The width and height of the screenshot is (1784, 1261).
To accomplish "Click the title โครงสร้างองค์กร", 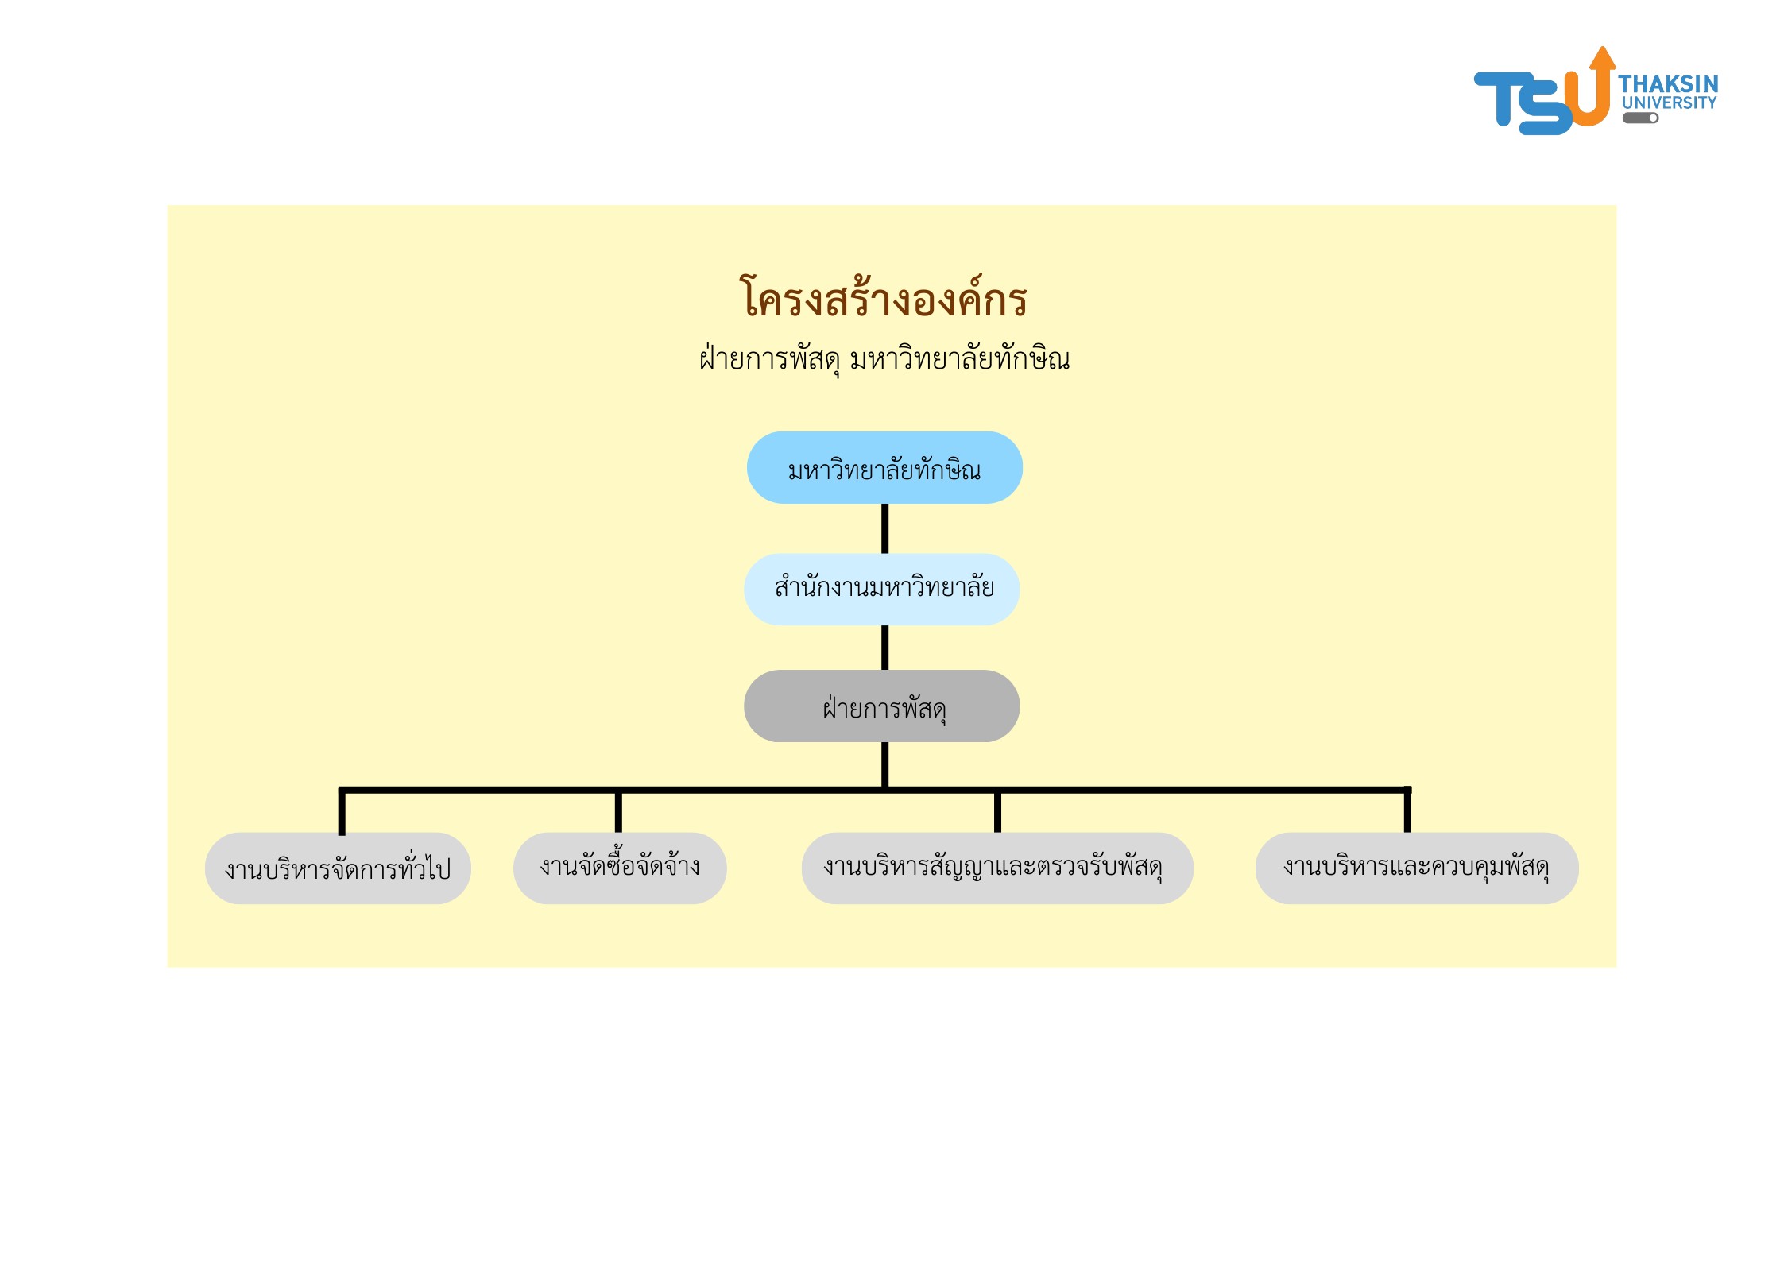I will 883,299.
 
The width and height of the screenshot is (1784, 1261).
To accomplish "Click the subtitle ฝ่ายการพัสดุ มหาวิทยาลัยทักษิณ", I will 884,359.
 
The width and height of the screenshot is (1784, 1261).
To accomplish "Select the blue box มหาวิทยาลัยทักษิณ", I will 884,468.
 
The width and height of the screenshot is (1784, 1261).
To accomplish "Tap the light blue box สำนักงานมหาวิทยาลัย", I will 882,589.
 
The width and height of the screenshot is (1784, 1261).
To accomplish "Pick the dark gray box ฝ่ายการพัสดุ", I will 882,706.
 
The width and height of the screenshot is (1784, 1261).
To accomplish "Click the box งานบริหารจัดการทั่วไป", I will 338,868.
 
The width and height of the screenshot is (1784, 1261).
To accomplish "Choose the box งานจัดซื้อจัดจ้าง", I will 620,868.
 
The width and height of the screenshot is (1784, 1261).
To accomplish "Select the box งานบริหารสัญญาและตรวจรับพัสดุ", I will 996,868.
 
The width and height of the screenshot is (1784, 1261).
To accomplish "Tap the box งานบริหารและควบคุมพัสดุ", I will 1416,868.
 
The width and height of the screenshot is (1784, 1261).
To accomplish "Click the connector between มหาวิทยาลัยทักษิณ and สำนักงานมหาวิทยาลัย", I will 884,528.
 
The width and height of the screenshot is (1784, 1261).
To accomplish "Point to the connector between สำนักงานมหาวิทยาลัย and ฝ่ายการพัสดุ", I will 884,648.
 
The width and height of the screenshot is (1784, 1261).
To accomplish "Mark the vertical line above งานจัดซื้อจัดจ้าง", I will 618,812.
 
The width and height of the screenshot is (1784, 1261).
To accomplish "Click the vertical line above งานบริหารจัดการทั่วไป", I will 342,812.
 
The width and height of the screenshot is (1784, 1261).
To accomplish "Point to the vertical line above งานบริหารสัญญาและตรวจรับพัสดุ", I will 997,812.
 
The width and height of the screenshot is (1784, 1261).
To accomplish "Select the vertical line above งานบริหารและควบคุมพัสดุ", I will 1407,812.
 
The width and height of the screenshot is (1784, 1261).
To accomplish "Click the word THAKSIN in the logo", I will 1668,83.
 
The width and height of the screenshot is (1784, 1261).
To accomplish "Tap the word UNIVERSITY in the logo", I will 1669,103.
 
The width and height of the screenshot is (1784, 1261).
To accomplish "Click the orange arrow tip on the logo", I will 1602,57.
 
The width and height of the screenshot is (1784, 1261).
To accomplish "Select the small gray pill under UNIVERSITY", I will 1640,118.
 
